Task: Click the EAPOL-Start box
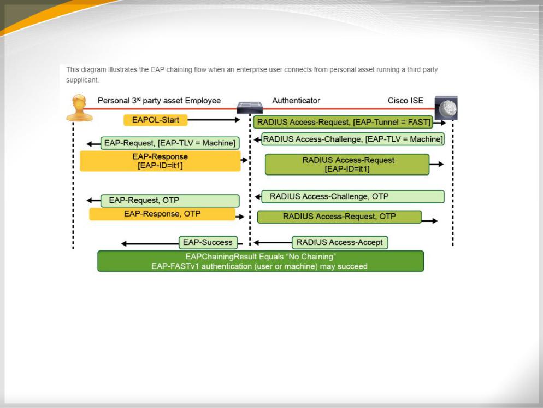tap(156, 120)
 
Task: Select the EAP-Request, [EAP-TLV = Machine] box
tap(170, 143)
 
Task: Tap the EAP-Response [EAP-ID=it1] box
tap(160, 161)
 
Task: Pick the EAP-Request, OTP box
tap(170, 200)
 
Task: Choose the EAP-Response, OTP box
tap(162, 214)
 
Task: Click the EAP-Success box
tap(208, 242)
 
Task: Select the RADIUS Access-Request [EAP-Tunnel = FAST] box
tap(343, 123)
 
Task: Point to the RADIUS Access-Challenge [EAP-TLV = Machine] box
tap(352, 139)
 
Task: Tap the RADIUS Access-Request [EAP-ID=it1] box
tap(347, 165)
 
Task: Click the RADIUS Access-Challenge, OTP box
tap(352, 196)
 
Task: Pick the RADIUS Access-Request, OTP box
tap(339, 217)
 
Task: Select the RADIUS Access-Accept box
tap(340, 243)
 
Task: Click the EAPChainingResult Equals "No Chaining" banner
tap(261, 261)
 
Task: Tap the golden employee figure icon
tap(79, 108)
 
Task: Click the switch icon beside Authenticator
tap(250, 108)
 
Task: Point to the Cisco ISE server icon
tap(446, 108)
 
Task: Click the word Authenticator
tap(296, 101)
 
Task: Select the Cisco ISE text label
tap(405, 101)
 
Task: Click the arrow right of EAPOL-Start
tap(214, 120)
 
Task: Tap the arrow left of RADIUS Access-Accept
tap(273, 243)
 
